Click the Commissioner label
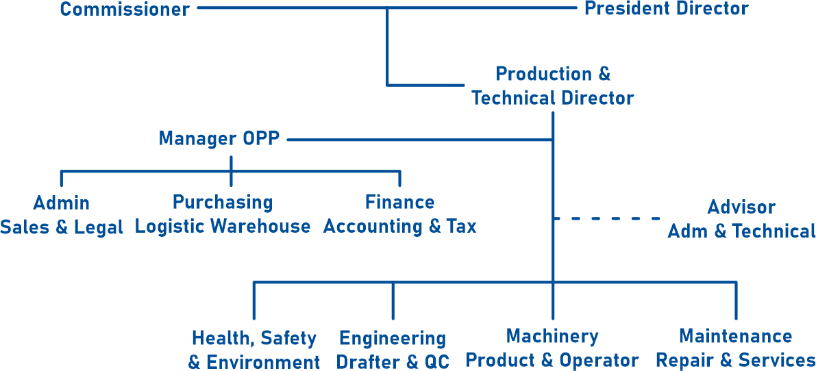124,10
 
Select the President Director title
666,10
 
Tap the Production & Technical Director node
552,86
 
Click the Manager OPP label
219,139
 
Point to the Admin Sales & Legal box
62,215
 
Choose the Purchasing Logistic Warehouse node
223,214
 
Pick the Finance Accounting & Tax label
399,214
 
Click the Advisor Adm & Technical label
741,220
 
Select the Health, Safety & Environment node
254,350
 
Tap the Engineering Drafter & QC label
393,350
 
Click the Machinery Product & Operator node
552,348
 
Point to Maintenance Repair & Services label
735,348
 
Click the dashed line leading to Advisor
607,218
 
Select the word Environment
263,363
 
